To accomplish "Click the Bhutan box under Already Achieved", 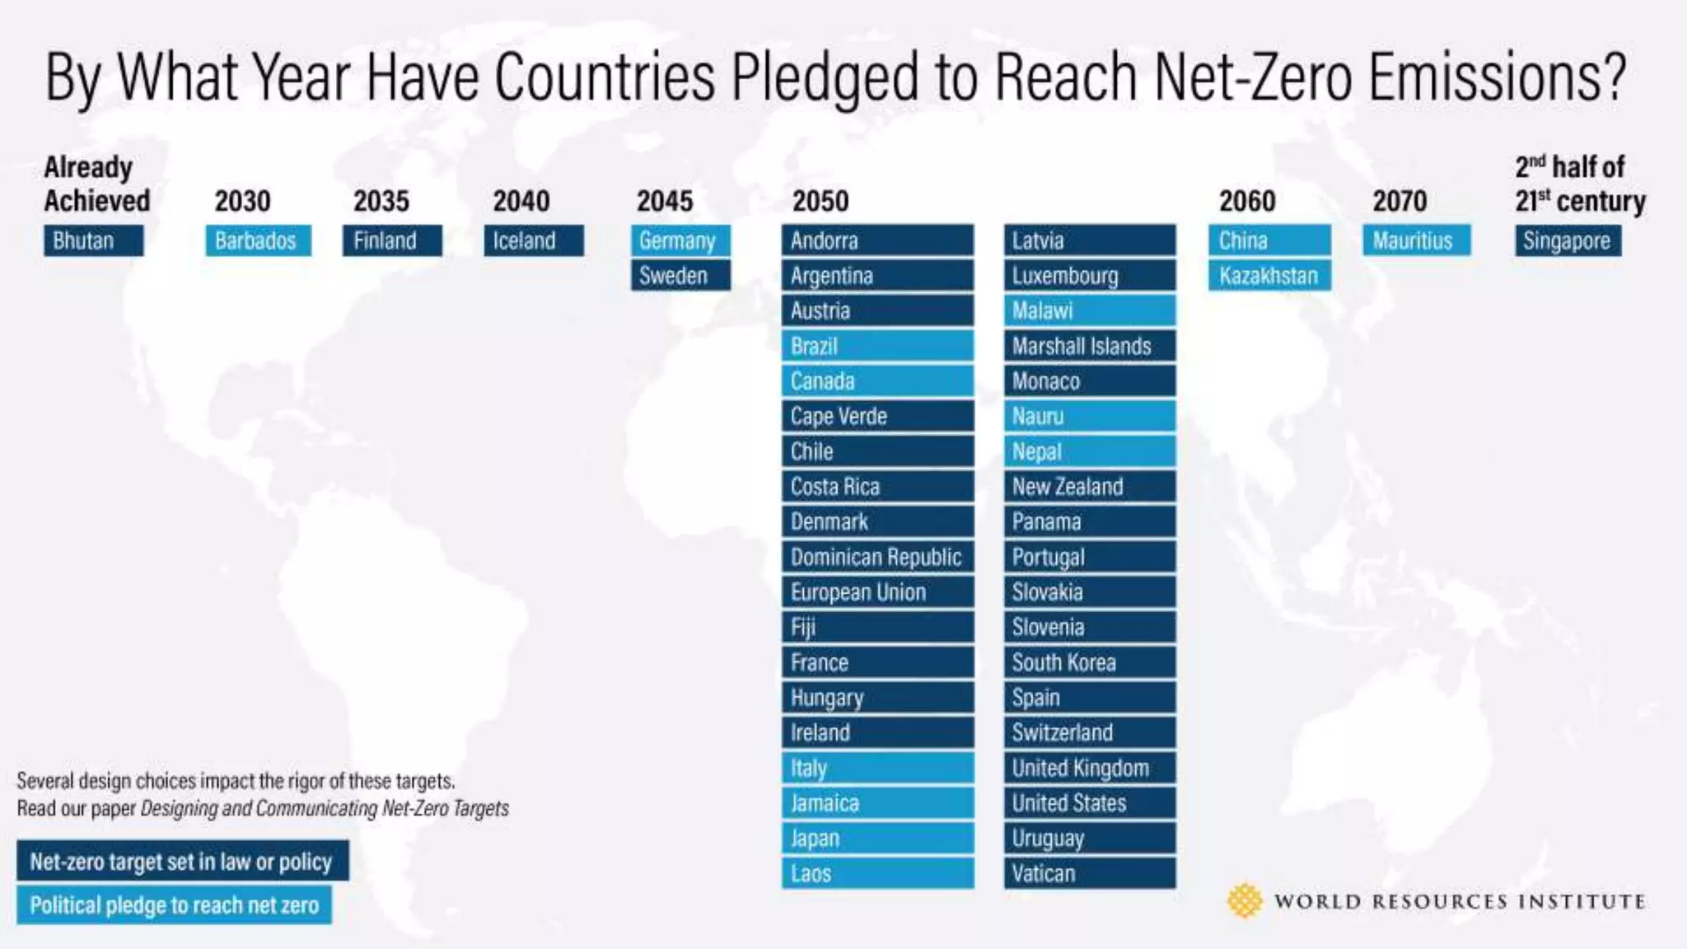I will click(93, 241).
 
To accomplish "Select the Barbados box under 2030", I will click(258, 241).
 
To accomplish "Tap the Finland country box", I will click(392, 241).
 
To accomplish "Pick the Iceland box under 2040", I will click(533, 241).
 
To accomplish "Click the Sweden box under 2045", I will click(680, 276).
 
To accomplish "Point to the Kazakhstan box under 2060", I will click(1269, 276).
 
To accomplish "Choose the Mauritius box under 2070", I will click(1416, 241).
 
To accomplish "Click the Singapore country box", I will click(1568, 241).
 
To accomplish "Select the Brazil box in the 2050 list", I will click(877, 346).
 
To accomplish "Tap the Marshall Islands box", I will click(1090, 346).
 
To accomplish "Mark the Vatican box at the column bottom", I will click(1090, 873).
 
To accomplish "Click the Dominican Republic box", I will click(877, 557).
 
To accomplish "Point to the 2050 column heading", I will click(820, 201).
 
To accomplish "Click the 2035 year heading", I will click(381, 201).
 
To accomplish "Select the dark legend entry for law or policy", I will click(182, 861).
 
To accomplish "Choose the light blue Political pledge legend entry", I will click(174, 905).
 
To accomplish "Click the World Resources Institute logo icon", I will click(1245, 901).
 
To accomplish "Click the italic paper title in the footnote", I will click(325, 808).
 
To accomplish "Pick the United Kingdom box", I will click(1090, 768).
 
